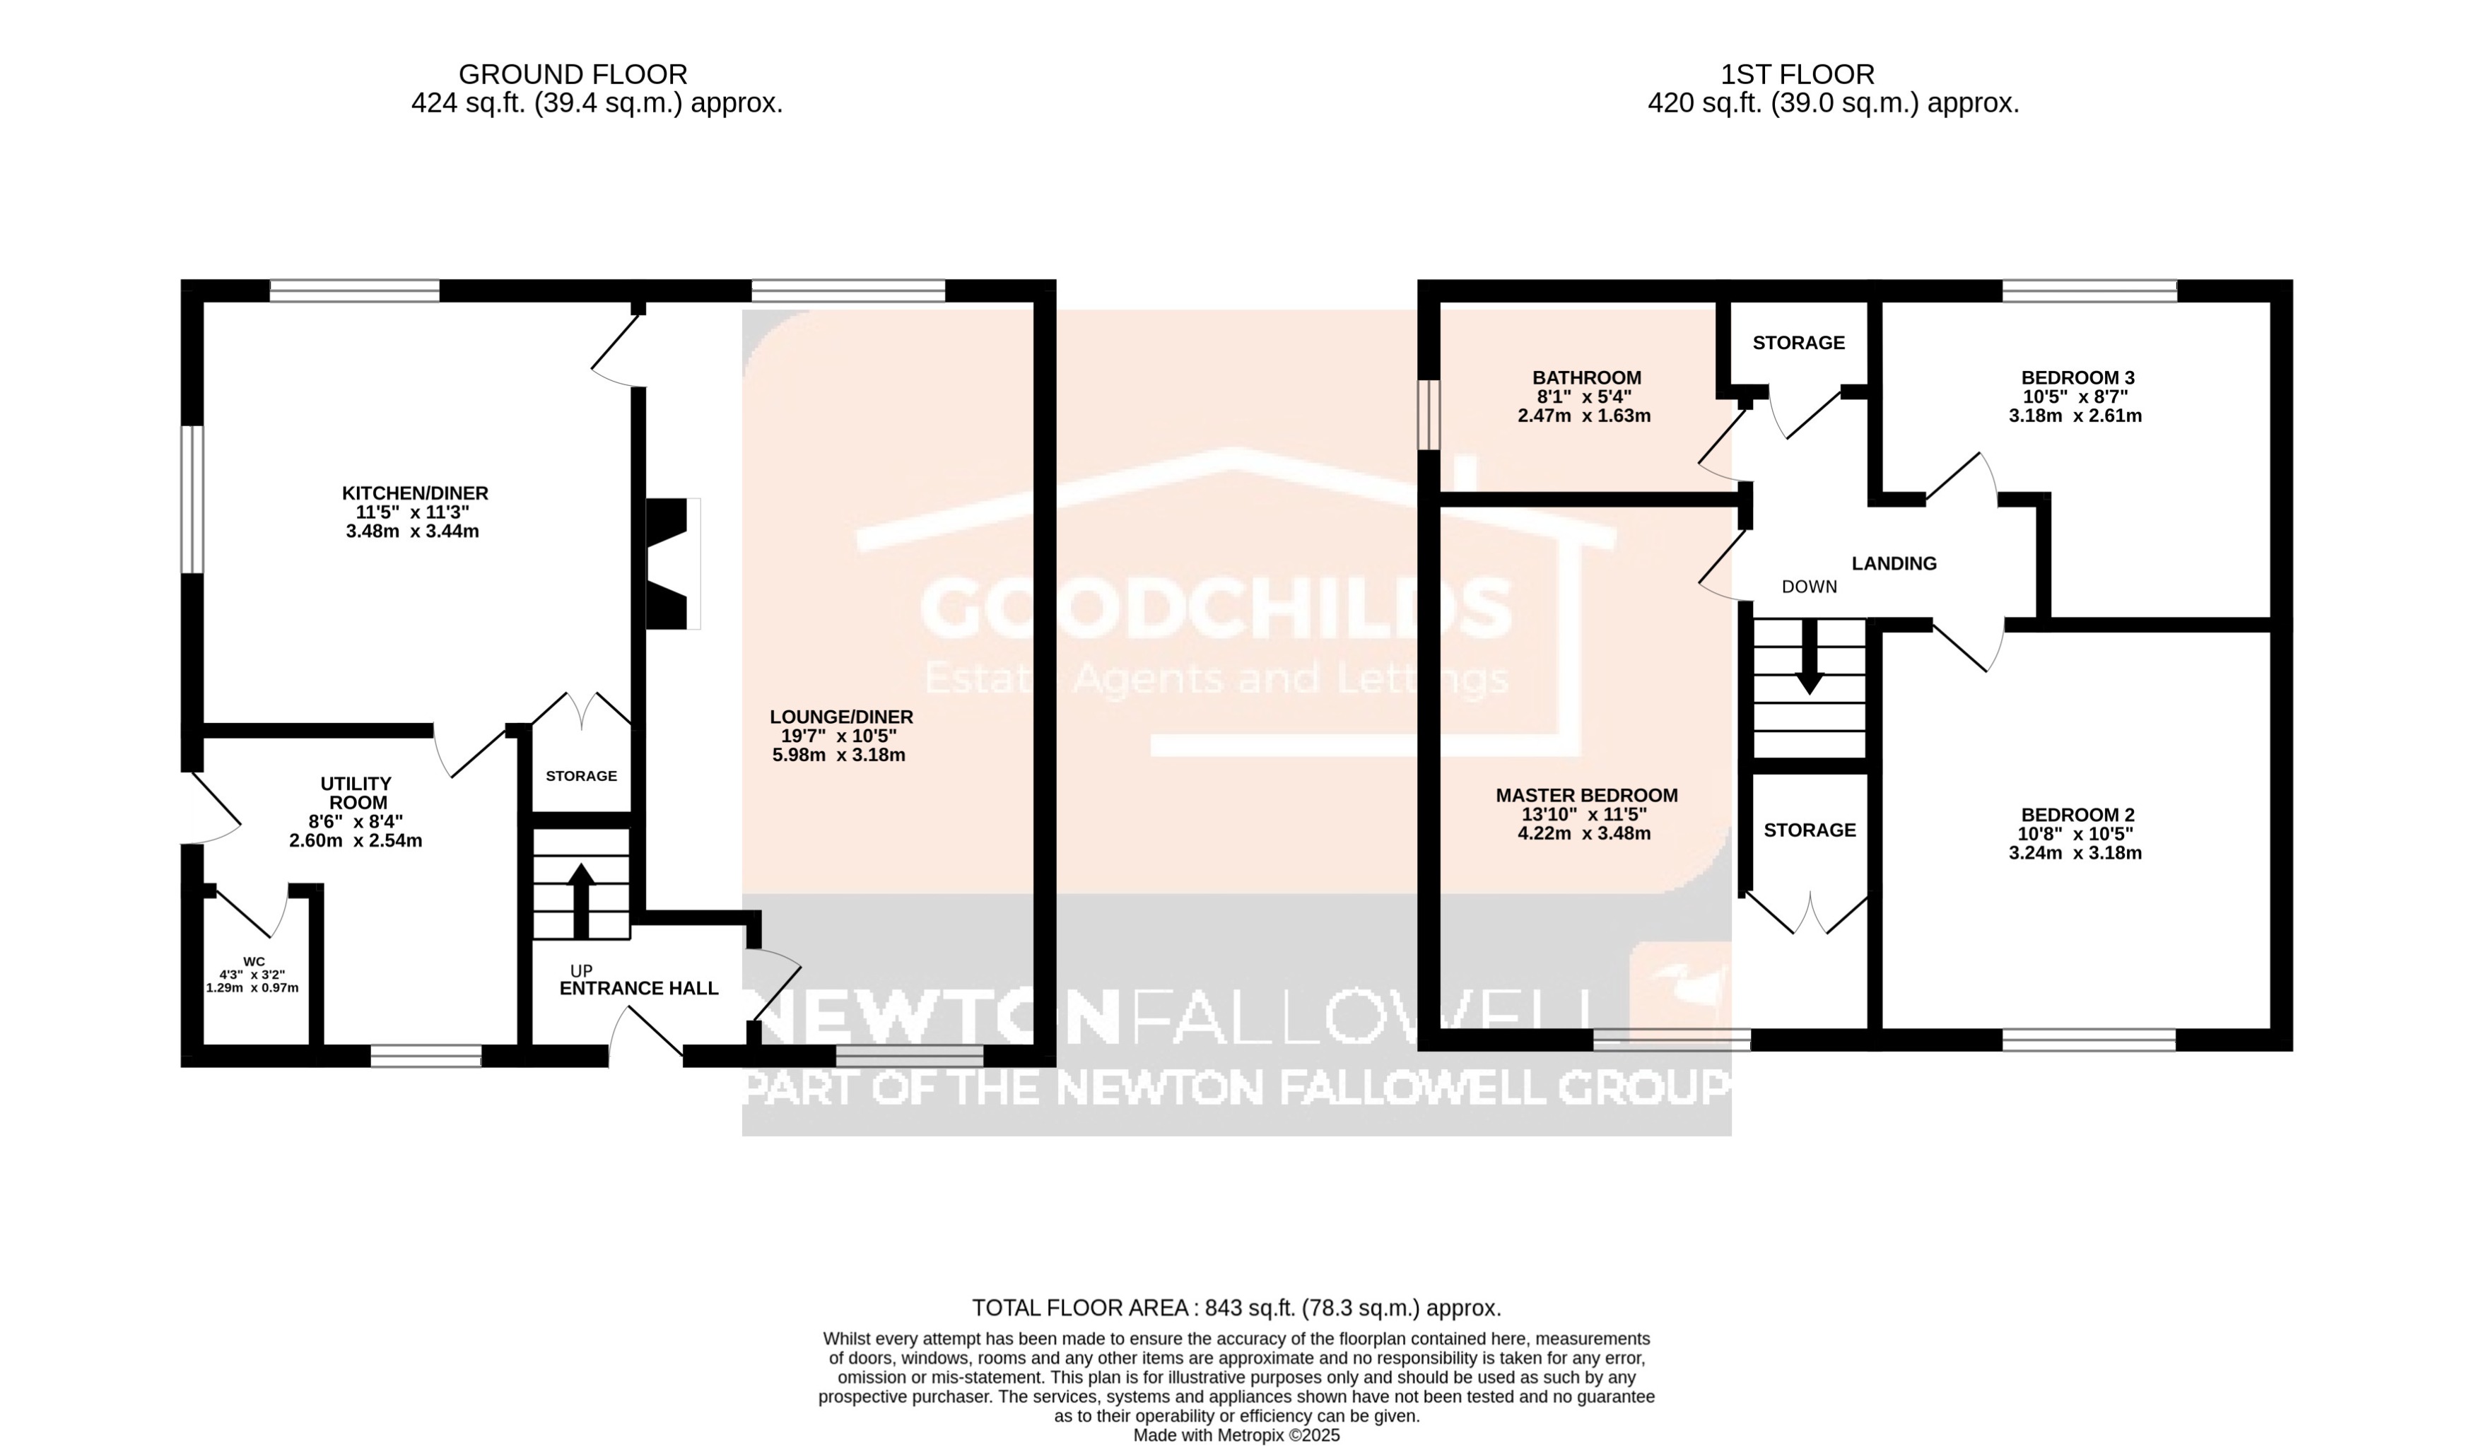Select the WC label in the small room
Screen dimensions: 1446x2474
254,961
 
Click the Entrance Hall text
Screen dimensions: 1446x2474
638,989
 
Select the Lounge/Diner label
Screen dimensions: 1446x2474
841,717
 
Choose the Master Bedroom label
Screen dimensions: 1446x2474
1586,796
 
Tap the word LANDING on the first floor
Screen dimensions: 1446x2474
1894,563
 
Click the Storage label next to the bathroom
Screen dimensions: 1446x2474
1798,343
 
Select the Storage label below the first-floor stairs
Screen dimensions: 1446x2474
1810,830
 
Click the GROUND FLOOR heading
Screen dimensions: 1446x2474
573,75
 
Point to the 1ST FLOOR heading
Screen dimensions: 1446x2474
1797,75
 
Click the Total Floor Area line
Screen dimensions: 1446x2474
1236,1307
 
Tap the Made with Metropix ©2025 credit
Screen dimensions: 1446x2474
1236,1435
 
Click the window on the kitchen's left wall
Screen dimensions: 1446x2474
192,499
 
